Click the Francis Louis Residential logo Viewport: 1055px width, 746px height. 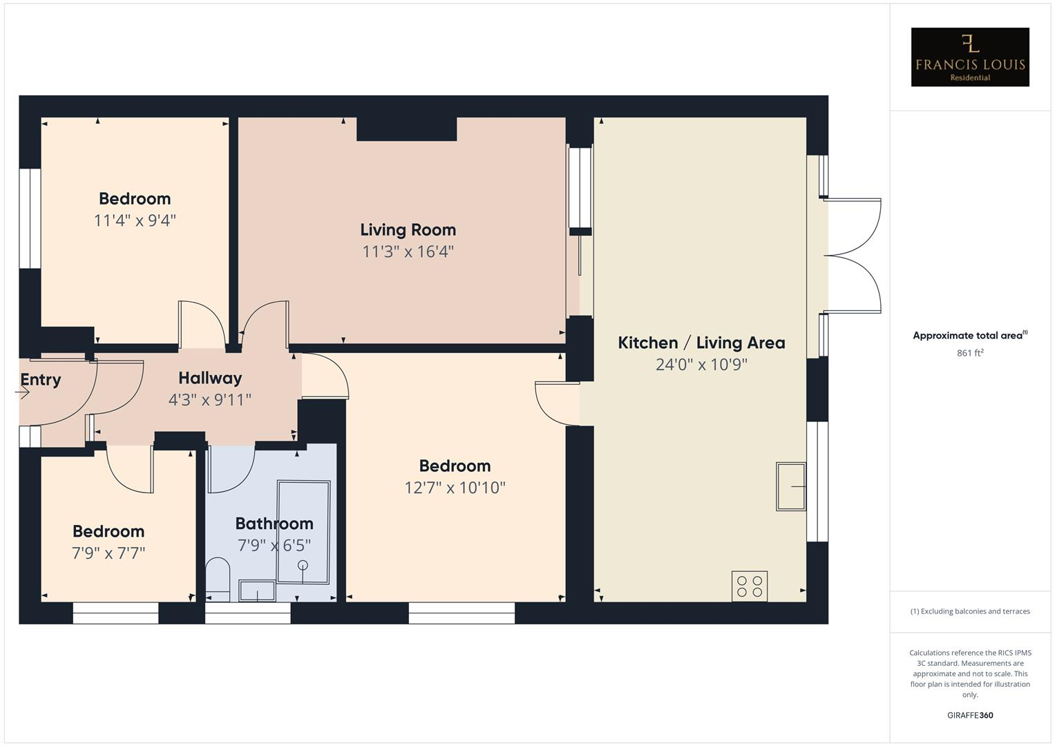pos(969,57)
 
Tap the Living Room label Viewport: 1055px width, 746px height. pos(408,230)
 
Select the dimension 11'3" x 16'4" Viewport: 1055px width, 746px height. pos(408,251)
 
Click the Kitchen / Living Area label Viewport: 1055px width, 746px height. pos(701,343)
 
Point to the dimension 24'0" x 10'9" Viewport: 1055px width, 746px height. pos(701,365)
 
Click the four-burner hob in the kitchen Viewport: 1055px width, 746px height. pos(750,586)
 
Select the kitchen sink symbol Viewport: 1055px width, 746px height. pos(791,486)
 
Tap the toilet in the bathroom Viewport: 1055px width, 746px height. pos(218,579)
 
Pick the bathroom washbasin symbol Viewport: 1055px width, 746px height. pos(256,591)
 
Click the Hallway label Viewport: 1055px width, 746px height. pos(210,378)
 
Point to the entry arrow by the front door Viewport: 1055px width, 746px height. pos(23,393)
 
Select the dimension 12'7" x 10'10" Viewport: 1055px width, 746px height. pos(455,488)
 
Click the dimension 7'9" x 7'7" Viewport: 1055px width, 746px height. pos(108,553)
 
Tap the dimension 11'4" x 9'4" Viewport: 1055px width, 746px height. pos(135,220)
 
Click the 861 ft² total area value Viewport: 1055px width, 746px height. pos(970,353)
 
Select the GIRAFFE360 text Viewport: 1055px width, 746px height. pos(970,715)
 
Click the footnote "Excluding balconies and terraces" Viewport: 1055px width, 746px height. pos(970,611)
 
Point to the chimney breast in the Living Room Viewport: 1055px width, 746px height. pos(406,129)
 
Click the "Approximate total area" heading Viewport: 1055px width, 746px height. pos(969,336)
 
